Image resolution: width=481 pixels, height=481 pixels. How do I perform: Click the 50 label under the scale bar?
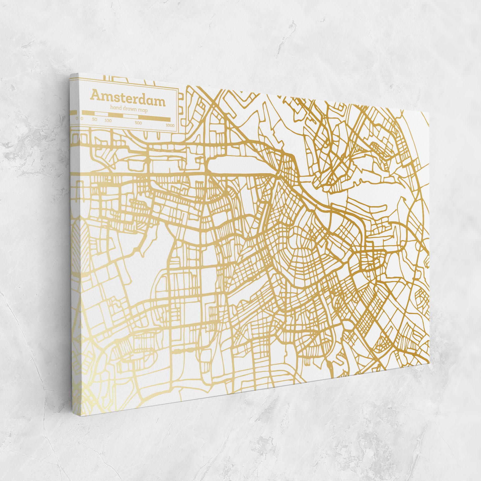click(x=95, y=119)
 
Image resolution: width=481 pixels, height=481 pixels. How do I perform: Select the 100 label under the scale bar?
click(x=108, y=121)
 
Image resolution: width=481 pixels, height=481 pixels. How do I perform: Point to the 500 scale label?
click(x=138, y=123)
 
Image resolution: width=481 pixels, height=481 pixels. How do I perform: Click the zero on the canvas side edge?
click(x=77, y=118)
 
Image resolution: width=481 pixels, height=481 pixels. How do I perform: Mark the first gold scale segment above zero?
click(x=88, y=113)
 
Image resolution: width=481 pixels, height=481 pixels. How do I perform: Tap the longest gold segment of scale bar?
click(x=154, y=119)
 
